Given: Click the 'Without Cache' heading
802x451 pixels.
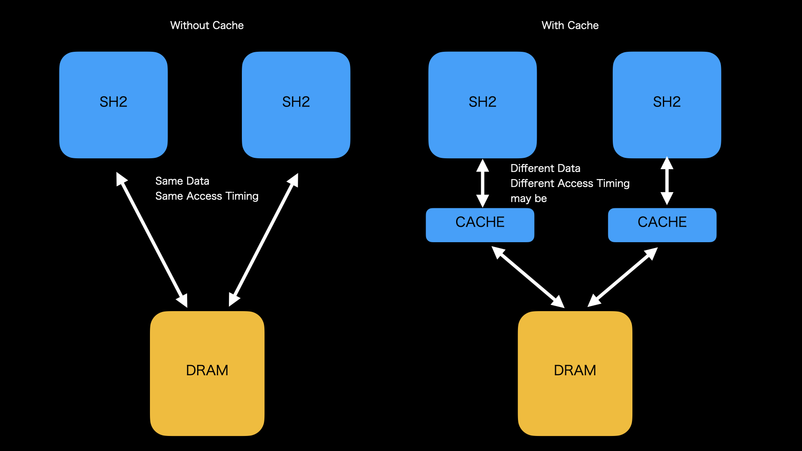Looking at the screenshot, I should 207,25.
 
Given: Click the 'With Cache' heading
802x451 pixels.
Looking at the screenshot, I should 570,25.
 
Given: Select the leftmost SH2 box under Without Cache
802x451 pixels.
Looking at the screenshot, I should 113,104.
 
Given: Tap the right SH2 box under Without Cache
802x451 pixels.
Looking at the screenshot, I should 296,104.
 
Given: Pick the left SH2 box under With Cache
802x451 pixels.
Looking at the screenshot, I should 482,104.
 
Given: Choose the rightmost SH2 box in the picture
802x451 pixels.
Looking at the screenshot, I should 667,104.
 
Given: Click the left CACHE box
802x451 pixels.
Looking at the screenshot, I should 480,225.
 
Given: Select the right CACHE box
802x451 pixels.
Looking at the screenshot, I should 662,225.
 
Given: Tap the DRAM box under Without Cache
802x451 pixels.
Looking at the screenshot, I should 207,373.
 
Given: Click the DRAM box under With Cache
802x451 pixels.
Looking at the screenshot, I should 575,373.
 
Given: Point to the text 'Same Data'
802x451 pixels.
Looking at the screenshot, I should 182,181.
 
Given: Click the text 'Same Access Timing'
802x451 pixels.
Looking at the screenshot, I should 207,196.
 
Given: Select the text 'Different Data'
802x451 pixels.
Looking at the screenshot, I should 545,168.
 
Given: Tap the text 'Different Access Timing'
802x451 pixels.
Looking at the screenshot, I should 570,183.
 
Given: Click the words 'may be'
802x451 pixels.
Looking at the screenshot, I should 528,198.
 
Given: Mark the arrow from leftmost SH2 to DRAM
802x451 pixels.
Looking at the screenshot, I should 152,240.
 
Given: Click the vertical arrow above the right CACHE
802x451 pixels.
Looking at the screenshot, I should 667,181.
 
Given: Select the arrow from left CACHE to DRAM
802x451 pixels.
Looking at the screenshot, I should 528,277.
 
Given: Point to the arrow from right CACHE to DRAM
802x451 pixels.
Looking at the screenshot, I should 623,277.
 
